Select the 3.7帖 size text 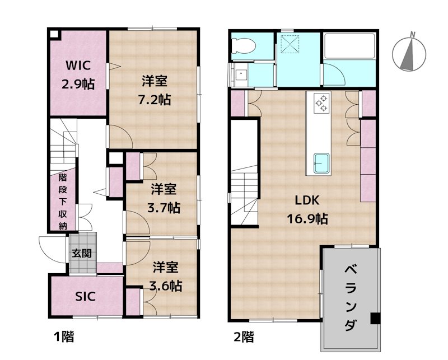164,208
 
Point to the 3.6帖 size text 165,285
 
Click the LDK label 307,200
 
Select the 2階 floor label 244,337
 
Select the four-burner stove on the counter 322,103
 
